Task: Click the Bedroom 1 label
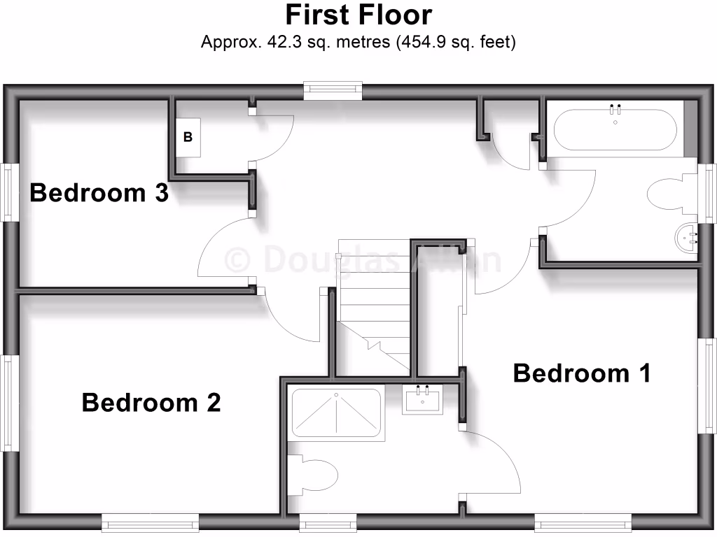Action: point(582,373)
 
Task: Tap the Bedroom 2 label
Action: point(151,402)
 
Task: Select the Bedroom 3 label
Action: point(99,192)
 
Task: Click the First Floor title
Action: point(358,15)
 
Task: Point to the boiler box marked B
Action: point(188,137)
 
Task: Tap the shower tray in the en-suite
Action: point(337,413)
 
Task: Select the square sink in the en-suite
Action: point(422,400)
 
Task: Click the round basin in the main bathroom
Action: point(685,238)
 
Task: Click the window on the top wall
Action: point(333,89)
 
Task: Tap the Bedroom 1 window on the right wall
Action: point(709,386)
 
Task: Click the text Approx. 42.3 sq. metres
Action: point(296,42)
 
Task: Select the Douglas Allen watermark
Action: point(363,259)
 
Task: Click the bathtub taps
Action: point(616,108)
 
